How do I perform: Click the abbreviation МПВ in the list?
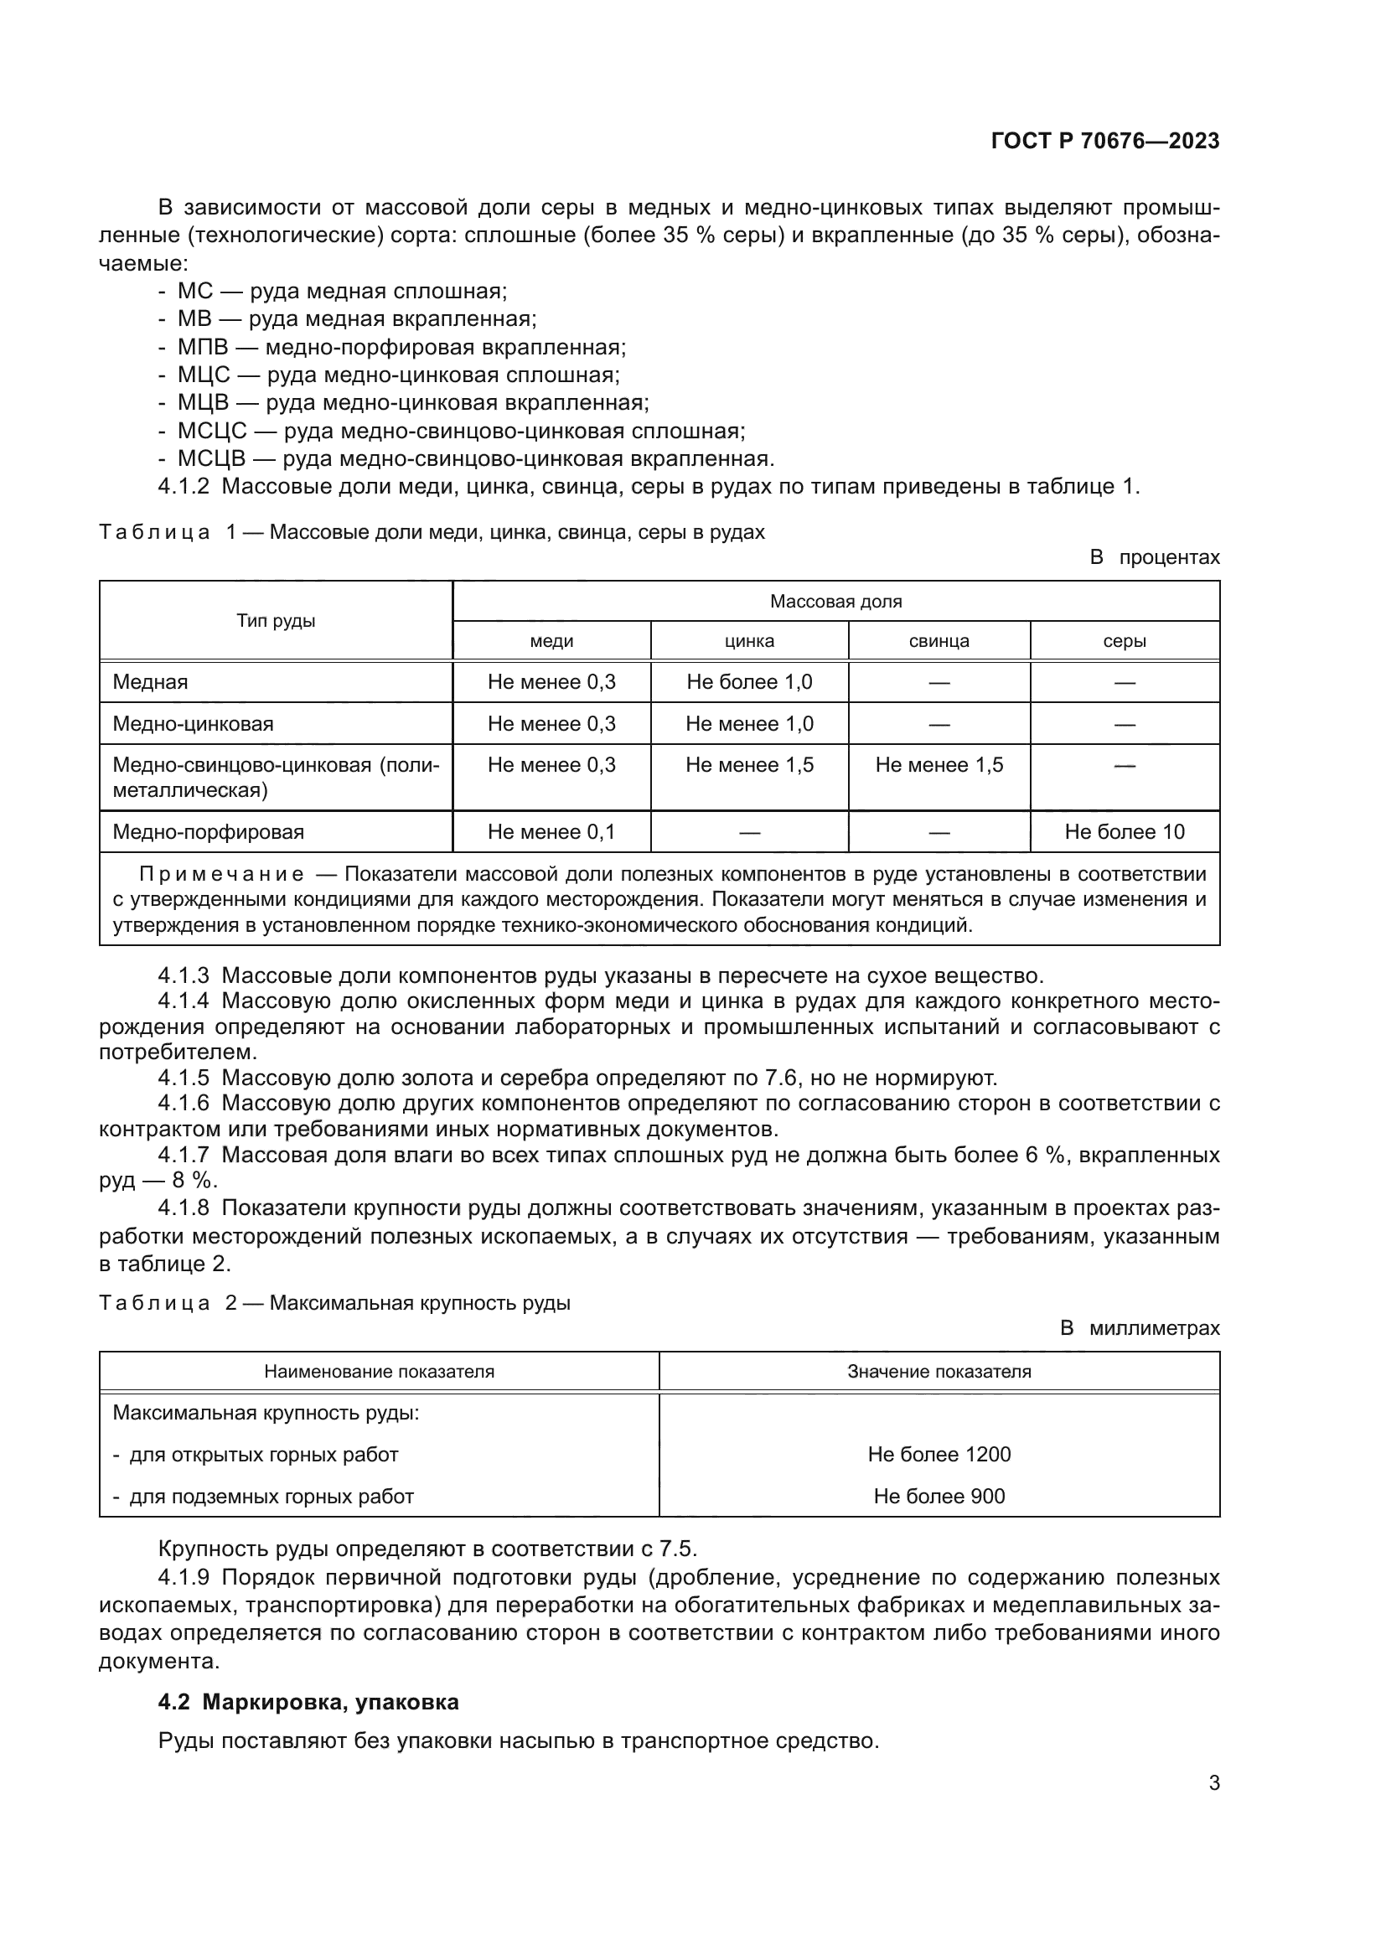(x=202, y=348)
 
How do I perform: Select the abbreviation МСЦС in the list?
(x=212, y=431)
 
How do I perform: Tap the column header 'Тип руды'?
(x=276, y=621)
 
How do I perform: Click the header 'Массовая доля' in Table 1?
(x=835, y=601)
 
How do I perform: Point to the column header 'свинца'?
(x=939, y=641)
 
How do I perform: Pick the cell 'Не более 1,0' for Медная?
(x=749, y=682)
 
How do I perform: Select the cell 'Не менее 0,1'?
(x=551, y=831)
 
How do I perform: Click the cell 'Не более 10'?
(x=1124, y=831)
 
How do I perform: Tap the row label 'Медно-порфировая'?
(x=209, y=831)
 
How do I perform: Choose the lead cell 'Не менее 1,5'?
(x=939, y=765)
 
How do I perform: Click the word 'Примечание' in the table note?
(x=221, y=874)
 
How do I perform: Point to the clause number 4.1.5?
(x=184, y=1078)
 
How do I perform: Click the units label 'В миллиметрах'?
(x=1140, y=1328)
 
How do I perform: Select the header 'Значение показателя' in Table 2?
(x=939, y=1371)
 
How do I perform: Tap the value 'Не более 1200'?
(x=939, y=1454)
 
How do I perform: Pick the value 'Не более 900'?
(x=939, y=1496)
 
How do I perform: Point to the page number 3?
(x=1213, y=1782)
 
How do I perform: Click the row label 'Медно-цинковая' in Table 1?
(x=193, y=724)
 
